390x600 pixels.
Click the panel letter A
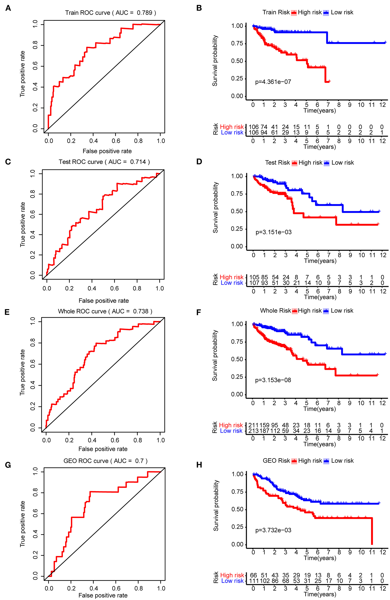tap(8, 8)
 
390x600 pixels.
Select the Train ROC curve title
tap(111, 13)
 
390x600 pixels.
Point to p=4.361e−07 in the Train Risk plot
tap(273, 82)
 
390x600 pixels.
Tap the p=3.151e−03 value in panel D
tap(273, 232)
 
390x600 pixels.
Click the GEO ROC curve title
tap(105, 461)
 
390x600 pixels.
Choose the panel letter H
tap(199, 465)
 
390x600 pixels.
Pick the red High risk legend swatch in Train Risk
tap(294, 13)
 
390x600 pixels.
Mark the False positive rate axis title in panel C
tap(104, 301)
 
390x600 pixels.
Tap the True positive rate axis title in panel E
tap(22, 372)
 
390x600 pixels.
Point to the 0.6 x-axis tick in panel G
tap(116, 588)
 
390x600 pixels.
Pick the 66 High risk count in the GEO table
tap(253, 575)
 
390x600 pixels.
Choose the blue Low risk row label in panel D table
tap(232, 283)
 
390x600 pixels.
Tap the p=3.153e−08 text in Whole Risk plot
tap(273, 380)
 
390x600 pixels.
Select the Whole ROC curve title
tap(105, 311)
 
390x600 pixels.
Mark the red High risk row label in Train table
tap(232, 127)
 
